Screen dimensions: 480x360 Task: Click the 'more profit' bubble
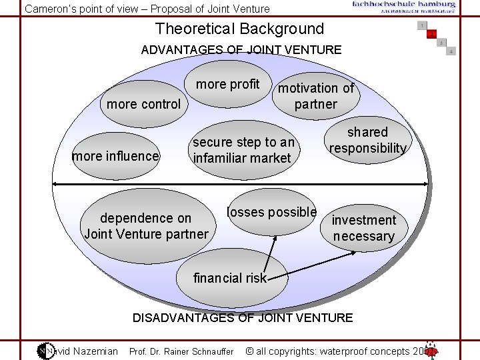pos(228,84)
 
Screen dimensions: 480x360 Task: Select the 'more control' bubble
pos(143,104)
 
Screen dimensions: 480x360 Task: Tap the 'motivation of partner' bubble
pos(316,96)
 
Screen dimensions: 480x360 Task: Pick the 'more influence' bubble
pos(115,157)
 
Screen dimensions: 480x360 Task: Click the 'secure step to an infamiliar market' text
pos(243,150)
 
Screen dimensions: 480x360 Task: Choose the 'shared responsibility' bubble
pos(367,140)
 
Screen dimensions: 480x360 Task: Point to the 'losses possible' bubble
pos(271,213)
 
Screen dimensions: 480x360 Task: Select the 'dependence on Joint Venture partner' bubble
pos(146,226)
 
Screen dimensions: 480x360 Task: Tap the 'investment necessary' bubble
pos(363,228)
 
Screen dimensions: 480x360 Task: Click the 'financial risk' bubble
pos(230,278)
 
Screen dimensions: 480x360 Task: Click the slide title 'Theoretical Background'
pos(239,29)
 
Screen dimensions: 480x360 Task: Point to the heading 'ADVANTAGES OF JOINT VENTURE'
pos(241,49)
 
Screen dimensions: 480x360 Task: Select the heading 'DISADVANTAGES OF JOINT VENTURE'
pos(243,317)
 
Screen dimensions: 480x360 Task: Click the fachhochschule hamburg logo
pos(404,7)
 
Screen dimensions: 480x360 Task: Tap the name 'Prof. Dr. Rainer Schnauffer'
pos(181,351)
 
